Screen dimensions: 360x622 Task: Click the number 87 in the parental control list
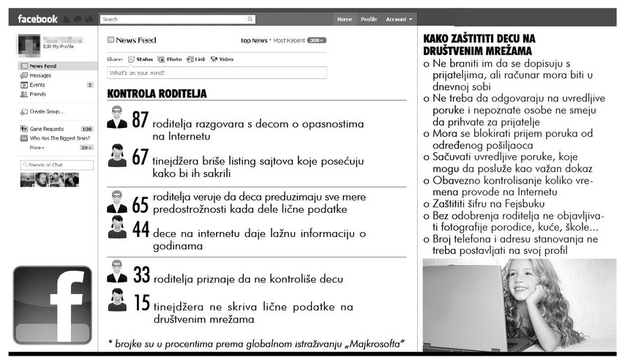[140, 119]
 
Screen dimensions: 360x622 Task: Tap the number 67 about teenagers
[140, 156]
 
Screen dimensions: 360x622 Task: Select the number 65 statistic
[140, 204]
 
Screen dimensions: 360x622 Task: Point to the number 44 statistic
[140, 229]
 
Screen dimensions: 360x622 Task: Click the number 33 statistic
[141, 275]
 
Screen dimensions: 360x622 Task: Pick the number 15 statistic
[140, 301]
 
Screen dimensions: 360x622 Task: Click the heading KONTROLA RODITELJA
[157, 94]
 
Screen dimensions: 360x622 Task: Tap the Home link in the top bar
[345, 19]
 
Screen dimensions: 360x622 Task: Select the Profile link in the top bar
[369, 19]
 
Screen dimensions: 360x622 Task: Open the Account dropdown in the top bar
[400, 19]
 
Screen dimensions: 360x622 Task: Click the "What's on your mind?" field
[217, 73]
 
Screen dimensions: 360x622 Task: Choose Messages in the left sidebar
[40, 75]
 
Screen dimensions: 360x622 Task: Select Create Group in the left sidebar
[46, 111]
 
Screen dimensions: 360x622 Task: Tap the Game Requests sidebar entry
[47, 129]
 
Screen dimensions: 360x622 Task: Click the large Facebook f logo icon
[53, 305]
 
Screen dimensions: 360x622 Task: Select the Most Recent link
[289, 40]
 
